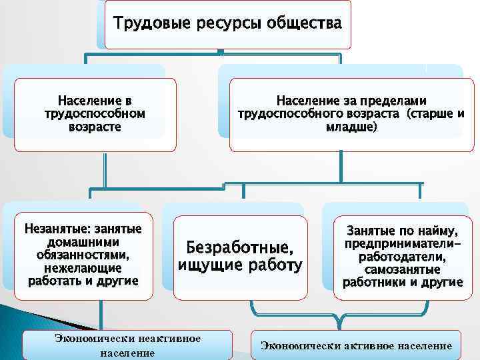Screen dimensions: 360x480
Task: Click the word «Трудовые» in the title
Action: [151, 24]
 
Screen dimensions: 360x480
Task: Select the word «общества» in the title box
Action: [304, 24]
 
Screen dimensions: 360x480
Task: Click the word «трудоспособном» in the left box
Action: [95, 113]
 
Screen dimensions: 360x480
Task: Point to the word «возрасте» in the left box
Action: [95, 126]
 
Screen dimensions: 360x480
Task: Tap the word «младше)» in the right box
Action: [351, 126]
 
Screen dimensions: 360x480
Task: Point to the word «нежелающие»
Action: [83, 268]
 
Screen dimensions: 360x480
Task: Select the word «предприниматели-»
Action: [403, 244]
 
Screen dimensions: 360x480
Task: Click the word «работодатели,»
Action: [403, 257]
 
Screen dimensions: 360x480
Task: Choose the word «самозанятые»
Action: [403, 269]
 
